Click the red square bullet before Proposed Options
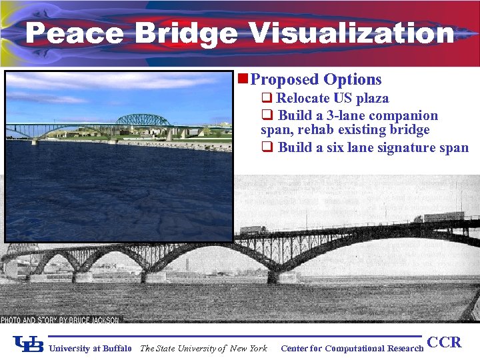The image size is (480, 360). pyautogui.click(x=243, y=79)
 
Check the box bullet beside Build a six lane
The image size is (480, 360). pyautogui.click(x=266, y=147)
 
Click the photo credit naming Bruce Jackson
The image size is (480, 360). pyautogui.click(x=60, y=320)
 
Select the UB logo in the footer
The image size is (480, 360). pyautogui.click(x=29, y=344)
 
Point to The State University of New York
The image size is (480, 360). pyautogui.click(x=203, y=348)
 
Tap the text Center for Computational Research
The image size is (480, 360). pyautogui.click(x=352, y=348)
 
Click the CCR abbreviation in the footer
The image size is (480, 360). pyautogui.click(x=444, y=343)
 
